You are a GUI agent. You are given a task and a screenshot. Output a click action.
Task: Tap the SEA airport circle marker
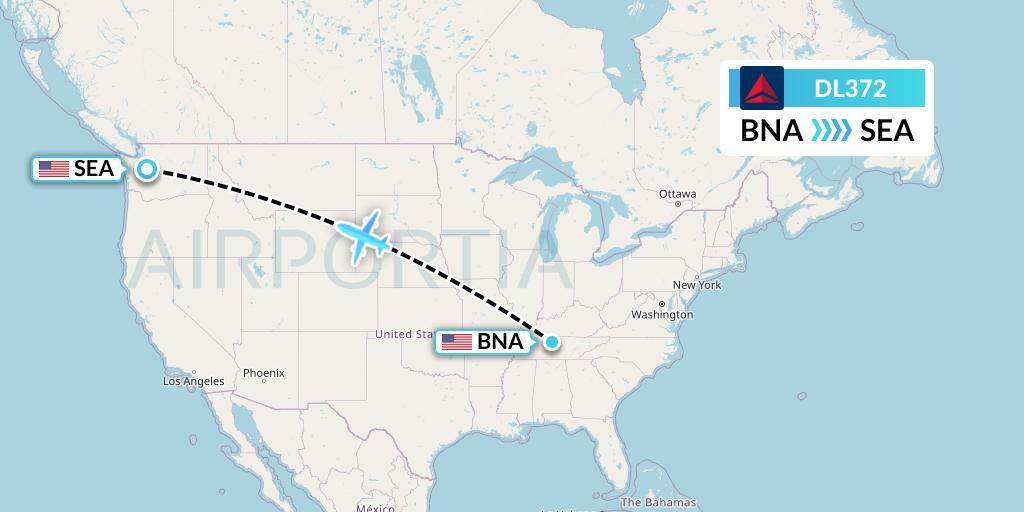pyautogui.click(x=147, y=169)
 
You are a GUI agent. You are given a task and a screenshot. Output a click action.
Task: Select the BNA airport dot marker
pyautogui.click(x=551, y=342)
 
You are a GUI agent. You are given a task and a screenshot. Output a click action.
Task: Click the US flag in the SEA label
pyautogui.click(x=53, y=169)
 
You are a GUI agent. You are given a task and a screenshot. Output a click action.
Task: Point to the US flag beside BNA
pyautogui.click(x=457, y=342)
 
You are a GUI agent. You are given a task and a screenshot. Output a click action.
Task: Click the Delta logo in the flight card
pyautogui.click(x=762, y=88)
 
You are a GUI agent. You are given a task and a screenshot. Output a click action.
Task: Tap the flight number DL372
pyautogui.click(x=850, y=88)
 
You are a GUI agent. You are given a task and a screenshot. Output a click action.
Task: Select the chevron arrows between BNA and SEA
pyautogui.click(x=831, y=131)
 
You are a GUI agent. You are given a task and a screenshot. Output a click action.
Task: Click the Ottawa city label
pyautogui.click(x=677, y=193)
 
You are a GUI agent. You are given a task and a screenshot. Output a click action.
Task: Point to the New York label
pyautogui.click(x=697, y=285)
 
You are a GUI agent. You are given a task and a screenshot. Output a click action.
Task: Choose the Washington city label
pyautogui.click(x=662, y=314)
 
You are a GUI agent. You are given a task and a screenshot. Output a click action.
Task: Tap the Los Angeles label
pyautogui.click(x=194, y=381)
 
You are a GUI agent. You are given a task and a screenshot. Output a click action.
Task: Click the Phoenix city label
pyautogui.click(x=264, y=373)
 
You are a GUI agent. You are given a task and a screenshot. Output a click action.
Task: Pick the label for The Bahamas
pyautogui.click(x=658, y=502)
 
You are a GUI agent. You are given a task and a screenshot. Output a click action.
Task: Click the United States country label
pyautogui.click(x=404, y=334)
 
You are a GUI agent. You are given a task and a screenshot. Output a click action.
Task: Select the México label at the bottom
pyautogui.click(x=375, y=508)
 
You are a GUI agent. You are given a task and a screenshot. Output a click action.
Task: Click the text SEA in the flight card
pyautogui.click(x=887, y=131)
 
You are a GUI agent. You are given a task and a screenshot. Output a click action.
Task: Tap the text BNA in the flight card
pyautogui.click(x=771, y=131)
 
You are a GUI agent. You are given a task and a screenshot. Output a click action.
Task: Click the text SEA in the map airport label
pyautogui.click(x=94, y=169)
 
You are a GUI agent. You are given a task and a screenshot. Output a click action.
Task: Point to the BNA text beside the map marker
pyautogui.click(x=500, y=342)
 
